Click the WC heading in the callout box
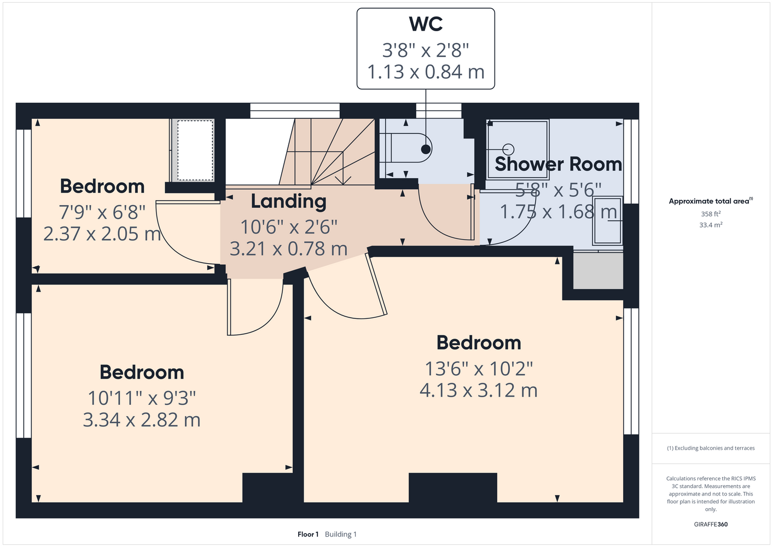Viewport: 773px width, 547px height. click(x=426, y=24)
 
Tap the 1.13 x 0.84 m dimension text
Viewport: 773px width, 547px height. click(x=426, y=72)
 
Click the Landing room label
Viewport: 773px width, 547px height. click(x=288, y=201)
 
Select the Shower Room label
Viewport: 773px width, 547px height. click(x=558, y=164)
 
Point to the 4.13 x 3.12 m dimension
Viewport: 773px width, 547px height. click(x=479, y=391)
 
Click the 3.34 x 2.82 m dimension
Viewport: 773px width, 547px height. click(x=142, y=420)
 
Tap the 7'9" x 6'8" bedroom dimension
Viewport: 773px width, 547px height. click(x=102, y=212)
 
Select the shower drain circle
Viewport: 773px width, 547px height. click(x=508, y=149)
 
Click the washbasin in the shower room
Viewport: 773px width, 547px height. click(x=608, y=220)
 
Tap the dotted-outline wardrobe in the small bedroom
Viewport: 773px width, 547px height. click(x=195, y=150)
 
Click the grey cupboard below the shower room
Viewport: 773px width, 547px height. click(x=598, y=271)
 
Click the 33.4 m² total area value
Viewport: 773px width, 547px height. click(x=711, y=225)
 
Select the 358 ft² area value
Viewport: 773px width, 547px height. click(x=711, y=214)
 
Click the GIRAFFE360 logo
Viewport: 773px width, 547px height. click(x=711, y=524)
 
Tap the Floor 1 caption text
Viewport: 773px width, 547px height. click(x=308, y=534)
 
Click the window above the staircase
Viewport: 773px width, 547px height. click(x=295, y=111)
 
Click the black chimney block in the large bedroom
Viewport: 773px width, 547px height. click(x=453, y=487)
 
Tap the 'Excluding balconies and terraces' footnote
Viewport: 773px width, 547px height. click(x=711, y=448)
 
